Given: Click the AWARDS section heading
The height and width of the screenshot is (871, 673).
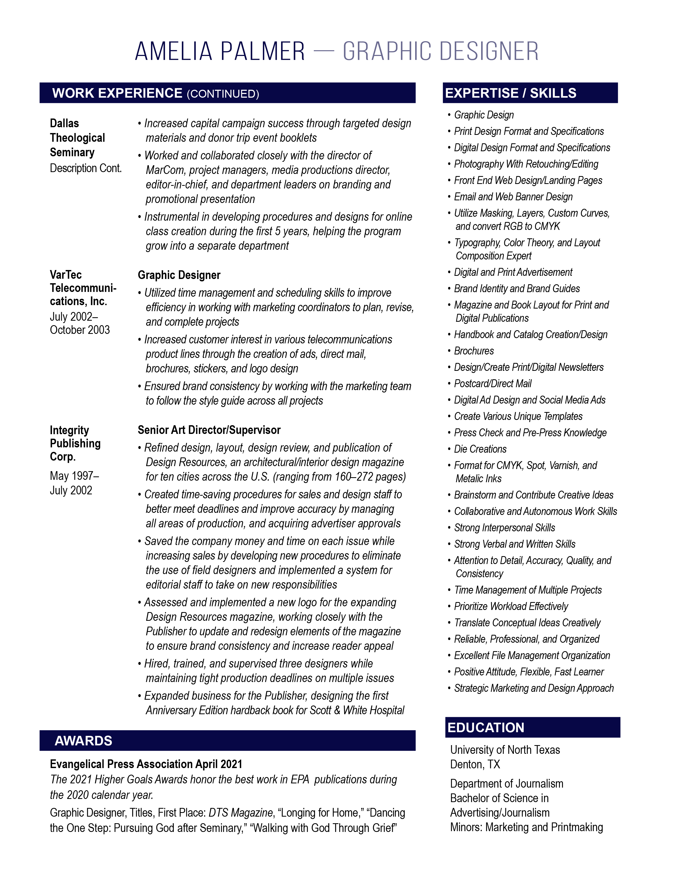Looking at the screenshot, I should tap(83, 741).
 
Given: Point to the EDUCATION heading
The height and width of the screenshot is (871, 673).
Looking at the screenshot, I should tap(486, 727).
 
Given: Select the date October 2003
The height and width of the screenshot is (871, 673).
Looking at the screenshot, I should tap(80, 330).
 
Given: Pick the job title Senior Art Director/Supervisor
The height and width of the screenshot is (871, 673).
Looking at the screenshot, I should tap(209, 430).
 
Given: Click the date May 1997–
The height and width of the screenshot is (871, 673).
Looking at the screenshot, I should tap(74, 476).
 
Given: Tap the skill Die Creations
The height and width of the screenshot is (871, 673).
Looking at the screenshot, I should tap(480, 449).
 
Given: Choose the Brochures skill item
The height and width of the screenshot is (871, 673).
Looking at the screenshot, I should tap(474, 351).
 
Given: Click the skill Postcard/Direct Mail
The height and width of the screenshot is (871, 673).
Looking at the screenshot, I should tap(493, 384).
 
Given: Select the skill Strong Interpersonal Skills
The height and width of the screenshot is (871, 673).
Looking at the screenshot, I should tap(504, 528).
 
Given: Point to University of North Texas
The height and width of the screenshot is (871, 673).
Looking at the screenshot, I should tap(505, 750).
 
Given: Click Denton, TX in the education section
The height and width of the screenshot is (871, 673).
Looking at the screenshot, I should tap(475, 764).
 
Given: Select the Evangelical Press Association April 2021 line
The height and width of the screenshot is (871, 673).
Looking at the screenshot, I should tap(146, 764).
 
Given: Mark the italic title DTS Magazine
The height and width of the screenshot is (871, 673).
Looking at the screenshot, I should tap(240, 813).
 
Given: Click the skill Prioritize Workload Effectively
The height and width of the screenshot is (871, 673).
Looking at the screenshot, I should tap(511, 606).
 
